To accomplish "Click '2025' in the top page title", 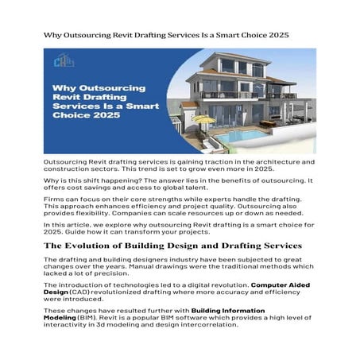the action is pyautogui.click(x=277, y=37).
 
